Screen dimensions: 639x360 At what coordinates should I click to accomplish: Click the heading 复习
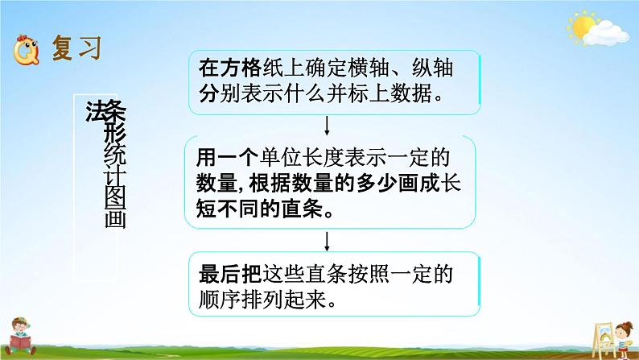coord(76,48)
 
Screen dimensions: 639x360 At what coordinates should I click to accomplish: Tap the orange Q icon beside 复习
coord(26,51)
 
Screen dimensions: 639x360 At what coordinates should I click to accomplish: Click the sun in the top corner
coord(583,26)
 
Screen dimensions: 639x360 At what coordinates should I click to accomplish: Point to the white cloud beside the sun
coord(605,34)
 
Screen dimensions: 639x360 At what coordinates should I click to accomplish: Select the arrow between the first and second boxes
coord(327,126)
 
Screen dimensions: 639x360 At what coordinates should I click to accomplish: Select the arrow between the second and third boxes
coord(327,242)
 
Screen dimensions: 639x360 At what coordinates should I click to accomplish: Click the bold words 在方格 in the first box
coord(230,68)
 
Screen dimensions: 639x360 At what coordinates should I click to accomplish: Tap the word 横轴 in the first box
coord(369,68)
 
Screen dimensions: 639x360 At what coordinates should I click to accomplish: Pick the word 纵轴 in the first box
coord(432,68)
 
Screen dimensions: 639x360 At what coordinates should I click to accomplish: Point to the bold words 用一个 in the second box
coord(227,157)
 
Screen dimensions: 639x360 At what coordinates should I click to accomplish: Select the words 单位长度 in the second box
coord(301,157)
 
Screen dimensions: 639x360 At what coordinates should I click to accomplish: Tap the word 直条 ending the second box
coord(302,209)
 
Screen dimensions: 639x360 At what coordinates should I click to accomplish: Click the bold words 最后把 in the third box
coord(230,274)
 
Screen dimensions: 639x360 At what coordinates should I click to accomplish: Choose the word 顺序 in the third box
coord(220,300)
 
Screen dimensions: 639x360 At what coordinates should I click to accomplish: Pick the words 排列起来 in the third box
coord(283,300)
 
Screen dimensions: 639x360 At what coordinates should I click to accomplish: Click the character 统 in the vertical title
coord(115,154)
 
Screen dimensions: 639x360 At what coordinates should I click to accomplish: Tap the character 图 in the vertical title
coord(115,198)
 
